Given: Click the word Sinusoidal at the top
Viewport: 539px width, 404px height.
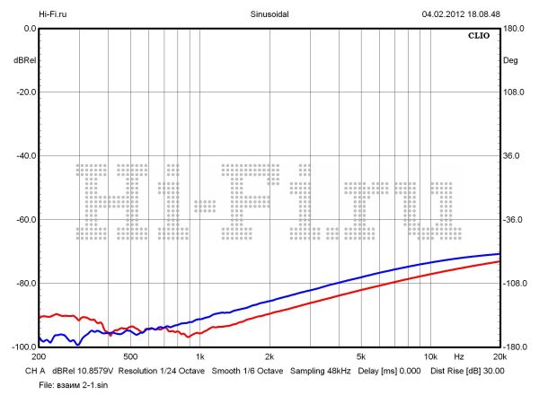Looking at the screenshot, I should coord(269,14).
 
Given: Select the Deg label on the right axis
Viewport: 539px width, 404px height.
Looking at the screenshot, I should coord(511,60).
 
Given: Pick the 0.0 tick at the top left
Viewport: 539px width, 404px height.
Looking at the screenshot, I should coord(29,29).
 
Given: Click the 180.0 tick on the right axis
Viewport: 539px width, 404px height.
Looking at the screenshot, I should coord(512,29).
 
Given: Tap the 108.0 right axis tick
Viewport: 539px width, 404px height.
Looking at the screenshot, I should coord(512,92).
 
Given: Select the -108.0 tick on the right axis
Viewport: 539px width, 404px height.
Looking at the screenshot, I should coord(513,284).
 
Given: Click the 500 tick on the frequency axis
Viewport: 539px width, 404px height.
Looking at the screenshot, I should coord(130,357).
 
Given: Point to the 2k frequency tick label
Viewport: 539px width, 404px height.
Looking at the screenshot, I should coord(269,357).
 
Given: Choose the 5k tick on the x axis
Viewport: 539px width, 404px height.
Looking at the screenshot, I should coord(360,357).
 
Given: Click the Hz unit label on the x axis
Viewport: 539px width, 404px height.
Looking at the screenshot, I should coord(458,357).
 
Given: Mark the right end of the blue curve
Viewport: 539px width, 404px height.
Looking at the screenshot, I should coord(499,254).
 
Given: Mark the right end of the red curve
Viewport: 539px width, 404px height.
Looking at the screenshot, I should coord(499,261).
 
